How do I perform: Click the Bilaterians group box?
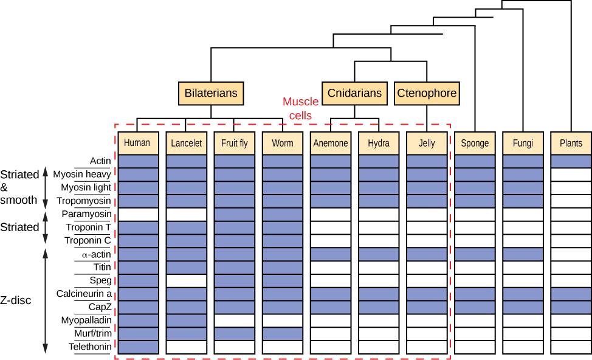[211, 94]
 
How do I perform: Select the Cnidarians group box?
[354, 93]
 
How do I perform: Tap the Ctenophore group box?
[426, 93]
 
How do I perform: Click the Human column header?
[137, 144]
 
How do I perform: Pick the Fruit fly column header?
[234, 144]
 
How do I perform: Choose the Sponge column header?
[475, 144]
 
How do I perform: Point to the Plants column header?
[571, 144]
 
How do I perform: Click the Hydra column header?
[379, 144]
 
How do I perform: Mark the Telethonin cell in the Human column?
[138, 347]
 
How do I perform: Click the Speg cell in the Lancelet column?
[186, 280]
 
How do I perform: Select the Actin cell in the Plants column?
[571, 161]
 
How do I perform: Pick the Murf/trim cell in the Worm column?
[283, 333]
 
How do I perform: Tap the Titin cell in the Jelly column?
[427, 267]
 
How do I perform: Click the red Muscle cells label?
[297, 109]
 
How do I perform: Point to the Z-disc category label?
[16, 300]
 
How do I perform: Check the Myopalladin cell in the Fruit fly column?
[234, 320]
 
